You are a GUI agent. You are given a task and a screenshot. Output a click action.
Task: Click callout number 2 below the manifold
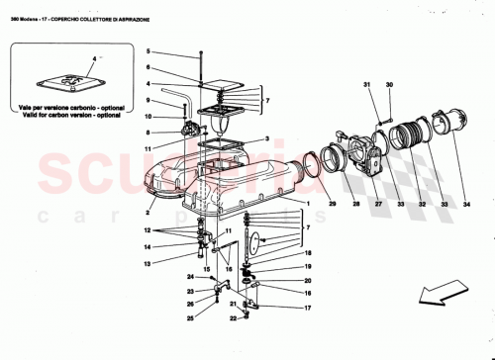pos(148,211)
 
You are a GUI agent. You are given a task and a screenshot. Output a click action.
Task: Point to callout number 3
pos(266,139)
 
